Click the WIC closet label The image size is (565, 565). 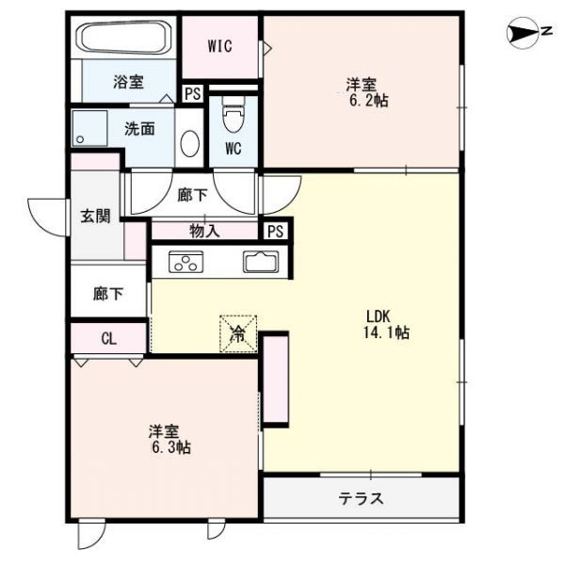click(x=220, y=46)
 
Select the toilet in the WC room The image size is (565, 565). click(x=232, y=117)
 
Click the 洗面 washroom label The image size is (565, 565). click(x=139, y=129)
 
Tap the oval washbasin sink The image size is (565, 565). click(x=189, y=144)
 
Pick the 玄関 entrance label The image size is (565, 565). click(x=94, y=216)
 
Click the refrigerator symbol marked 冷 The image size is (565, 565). click(x=239, y=332)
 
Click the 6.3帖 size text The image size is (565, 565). click(x=170, y=447)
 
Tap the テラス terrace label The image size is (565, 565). click(x=362, y=499)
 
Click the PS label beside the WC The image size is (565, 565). click(x=192, y=93)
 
